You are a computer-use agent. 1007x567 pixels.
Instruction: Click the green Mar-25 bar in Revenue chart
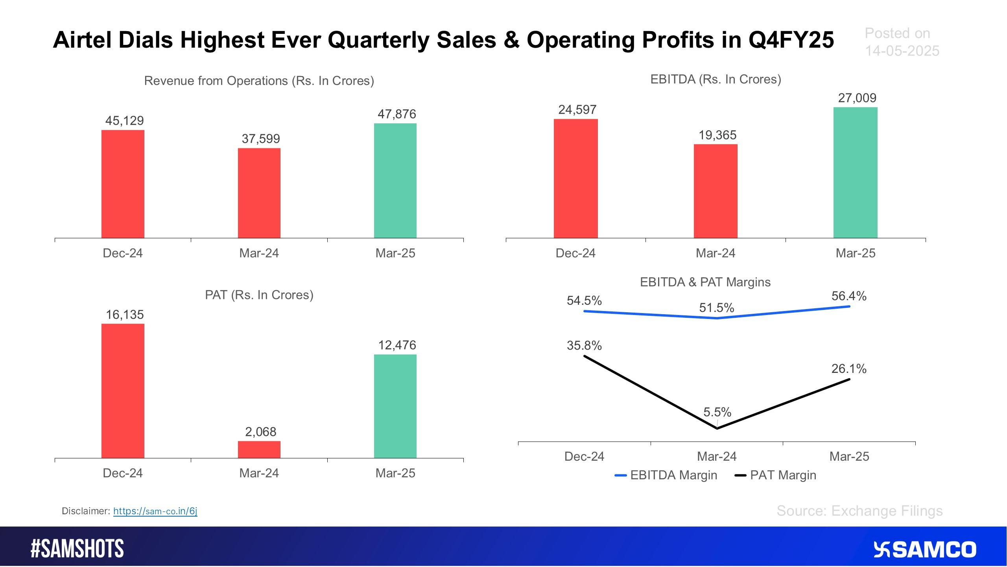(x=395, y=181)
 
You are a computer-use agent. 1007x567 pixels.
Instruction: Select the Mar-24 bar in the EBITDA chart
(x=715, y=191)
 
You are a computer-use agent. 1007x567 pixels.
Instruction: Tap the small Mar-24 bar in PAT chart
(x=259, y=449)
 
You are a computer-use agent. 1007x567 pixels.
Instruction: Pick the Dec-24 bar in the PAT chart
(x=123, y=391)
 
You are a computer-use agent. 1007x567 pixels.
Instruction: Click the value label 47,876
(x=397, y=114)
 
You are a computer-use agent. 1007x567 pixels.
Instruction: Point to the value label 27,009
(x=857, y=98)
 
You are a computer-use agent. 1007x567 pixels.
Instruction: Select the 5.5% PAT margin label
(x=717, y=412)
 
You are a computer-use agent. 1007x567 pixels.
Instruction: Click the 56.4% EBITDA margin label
(x=848, y=296)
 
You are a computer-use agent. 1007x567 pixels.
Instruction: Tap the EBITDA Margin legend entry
(x=666, y=475)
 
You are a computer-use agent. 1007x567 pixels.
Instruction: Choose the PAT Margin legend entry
(x=776, y=475)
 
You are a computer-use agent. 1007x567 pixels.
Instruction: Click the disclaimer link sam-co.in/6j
(x=155, y=511)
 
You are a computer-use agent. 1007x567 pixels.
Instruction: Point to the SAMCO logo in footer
(x=924, y=550)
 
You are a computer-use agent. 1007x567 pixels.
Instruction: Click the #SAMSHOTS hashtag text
(x=77, y=549)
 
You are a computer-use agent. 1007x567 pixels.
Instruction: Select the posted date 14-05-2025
(x=902, y=51)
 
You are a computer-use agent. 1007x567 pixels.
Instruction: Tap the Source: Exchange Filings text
(x=859, y=511)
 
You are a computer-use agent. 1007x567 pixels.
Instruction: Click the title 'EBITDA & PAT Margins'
(x=705, y=282)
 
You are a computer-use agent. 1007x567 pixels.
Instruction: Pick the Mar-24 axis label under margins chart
(x=717, y=456)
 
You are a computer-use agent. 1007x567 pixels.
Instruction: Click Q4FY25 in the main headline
(x=791, y=40)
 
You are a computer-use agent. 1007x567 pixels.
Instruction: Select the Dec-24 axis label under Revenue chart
(x=123, y=253)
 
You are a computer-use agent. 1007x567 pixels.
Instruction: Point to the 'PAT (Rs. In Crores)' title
(x=259, y=295)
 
